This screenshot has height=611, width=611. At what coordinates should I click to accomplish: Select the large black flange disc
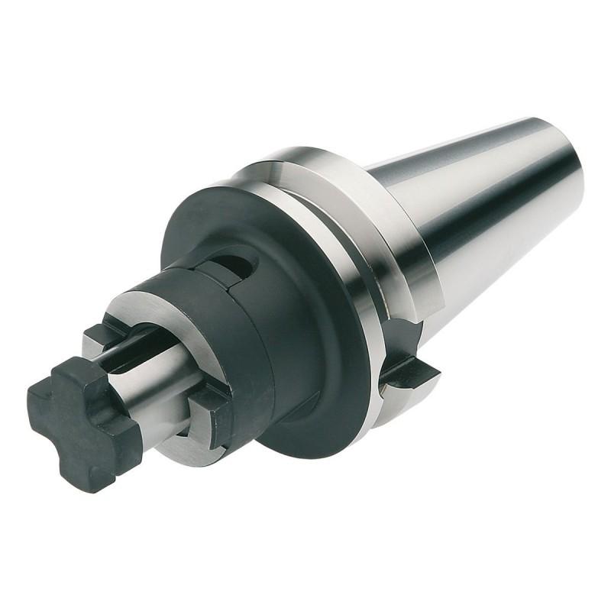point(321,328)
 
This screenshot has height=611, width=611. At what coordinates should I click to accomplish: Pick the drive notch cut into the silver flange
point(409,367)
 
